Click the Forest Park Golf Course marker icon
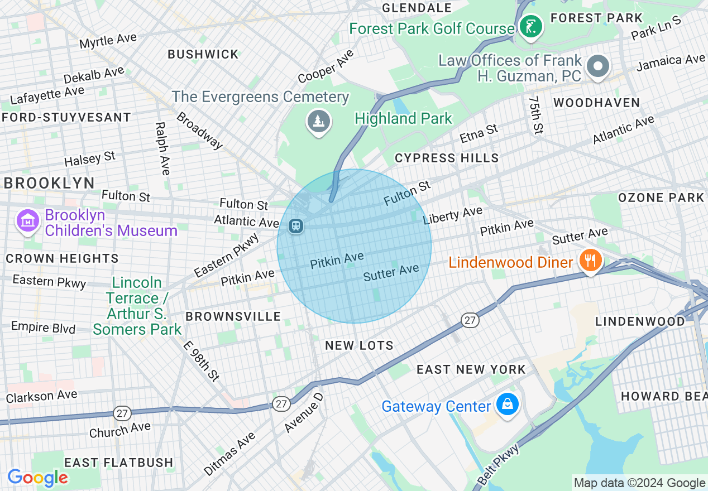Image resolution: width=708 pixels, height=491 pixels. point(530,26)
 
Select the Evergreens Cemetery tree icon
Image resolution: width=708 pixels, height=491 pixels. point(319,121)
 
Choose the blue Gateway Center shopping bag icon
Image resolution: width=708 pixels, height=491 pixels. point(507,405)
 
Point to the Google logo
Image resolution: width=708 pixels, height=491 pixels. point(37,477)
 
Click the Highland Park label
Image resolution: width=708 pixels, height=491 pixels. point(403,118)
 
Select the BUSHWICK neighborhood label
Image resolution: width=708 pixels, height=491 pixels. point(203,54)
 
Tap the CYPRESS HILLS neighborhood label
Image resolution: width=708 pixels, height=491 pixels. point(447,158)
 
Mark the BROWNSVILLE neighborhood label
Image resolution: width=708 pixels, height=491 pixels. point(233,316)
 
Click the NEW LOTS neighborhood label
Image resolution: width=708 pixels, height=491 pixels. point(359,345)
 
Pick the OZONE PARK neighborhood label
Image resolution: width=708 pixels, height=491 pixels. point(661,198)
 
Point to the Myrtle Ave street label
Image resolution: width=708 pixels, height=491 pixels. point(108,41)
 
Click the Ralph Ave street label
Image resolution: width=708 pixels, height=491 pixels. point(162,148)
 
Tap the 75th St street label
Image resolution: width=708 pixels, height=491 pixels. point(535,114)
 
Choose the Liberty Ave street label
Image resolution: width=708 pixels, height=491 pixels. point(452,215)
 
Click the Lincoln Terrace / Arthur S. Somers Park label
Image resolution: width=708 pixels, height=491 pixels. point(137,306)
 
